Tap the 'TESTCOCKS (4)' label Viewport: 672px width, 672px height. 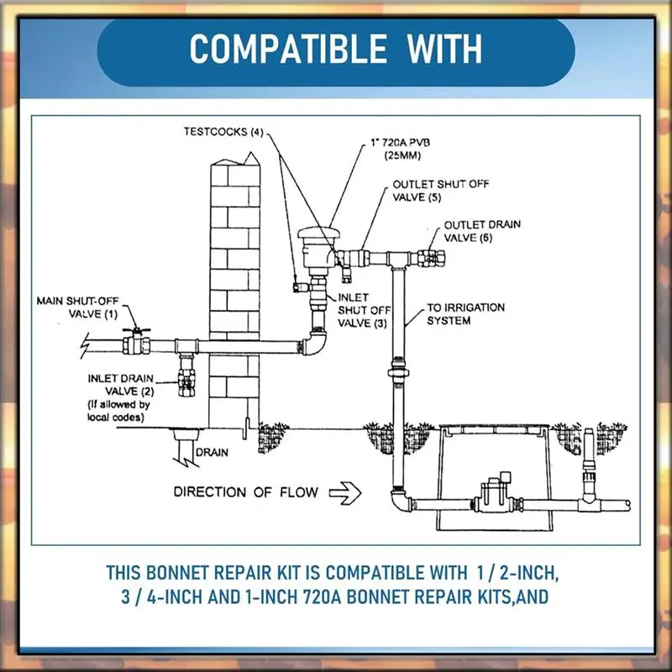tap(223, 132)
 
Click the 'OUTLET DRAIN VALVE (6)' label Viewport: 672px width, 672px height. tap(482, 231)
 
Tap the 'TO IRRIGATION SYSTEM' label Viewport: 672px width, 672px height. tap(466, 313)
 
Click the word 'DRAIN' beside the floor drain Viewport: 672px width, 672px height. tap(211, 452)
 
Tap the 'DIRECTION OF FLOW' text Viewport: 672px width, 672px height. tap(246, 491)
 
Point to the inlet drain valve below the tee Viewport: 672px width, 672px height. tap(186, 375)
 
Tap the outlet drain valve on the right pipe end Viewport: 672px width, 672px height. tap(437, 253)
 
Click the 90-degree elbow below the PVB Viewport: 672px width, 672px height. tap(315, 340)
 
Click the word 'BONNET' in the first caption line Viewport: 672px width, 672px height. tap(186, 574)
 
